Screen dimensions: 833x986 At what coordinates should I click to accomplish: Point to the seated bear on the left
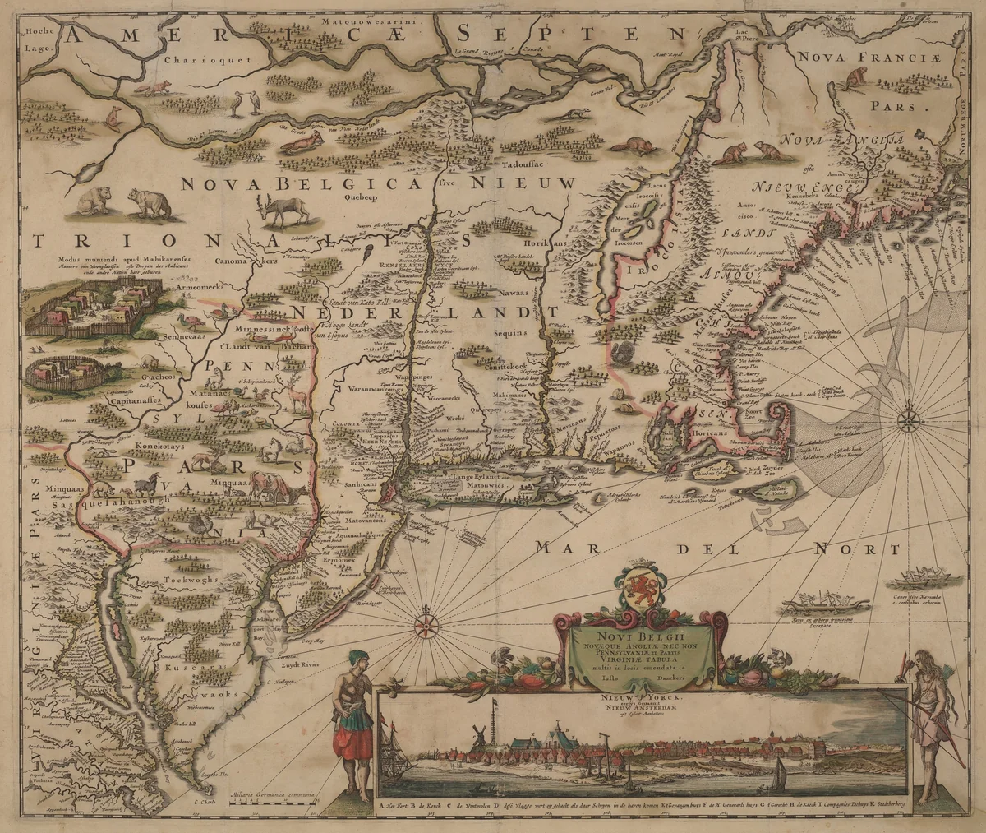[93, 200]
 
